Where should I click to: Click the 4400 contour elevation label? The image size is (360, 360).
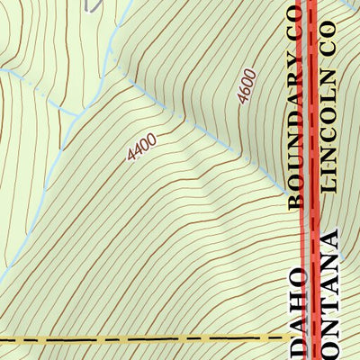pyautogui.click(x=142, y=147)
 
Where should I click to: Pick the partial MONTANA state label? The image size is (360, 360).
pyautogui.click(x=328, y=297)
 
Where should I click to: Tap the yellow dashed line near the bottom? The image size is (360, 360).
pyautogui.click(x=135, y=340)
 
